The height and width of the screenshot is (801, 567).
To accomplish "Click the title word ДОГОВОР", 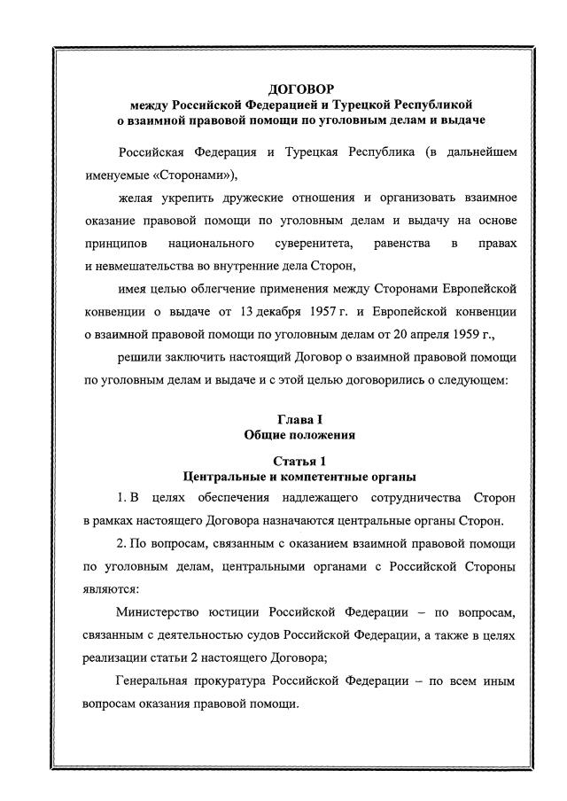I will click(x=301, y=89).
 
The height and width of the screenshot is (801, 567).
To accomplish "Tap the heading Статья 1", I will click(x=299, y=461).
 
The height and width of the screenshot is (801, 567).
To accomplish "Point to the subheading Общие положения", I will click(x=299, y=435).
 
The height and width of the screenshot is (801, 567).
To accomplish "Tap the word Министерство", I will click(x=167, y=612).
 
